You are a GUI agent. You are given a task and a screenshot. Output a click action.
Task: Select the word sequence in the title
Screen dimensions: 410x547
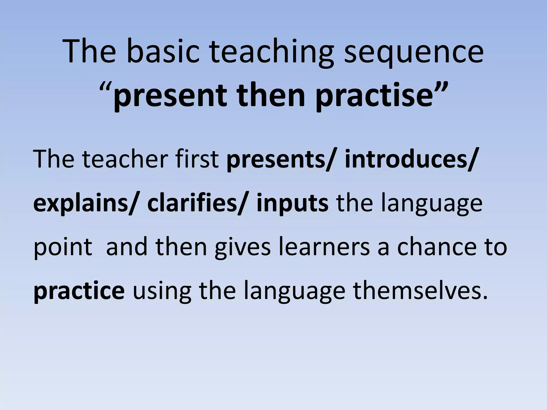click(414, 52)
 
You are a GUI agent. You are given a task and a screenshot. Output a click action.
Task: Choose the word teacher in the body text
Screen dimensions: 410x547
click(125, 159)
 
